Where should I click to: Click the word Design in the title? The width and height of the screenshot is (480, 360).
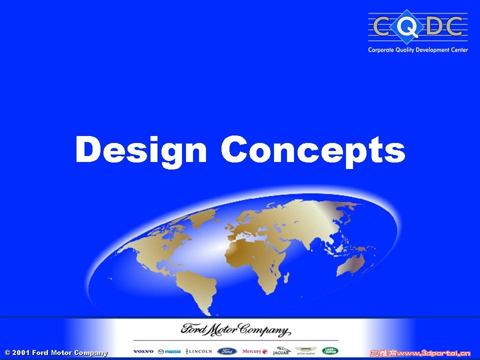tap(140, 149)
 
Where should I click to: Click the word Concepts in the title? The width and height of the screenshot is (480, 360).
tap(312, 149)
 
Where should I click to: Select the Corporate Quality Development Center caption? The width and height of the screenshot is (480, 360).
tap(418, 50)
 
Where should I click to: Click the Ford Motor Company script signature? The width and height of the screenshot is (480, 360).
tap(235, 330)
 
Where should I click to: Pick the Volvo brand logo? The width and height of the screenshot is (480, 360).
tap(143, 351)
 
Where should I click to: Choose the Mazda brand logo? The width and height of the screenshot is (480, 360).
tap(169, 351)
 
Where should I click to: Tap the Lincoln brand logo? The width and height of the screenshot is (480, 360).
tap(199, 351)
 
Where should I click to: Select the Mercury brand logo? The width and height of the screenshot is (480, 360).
tap(255, 351)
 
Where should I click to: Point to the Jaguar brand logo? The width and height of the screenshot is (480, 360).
tap(281, 351)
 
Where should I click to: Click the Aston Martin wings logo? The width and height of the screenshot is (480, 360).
tap(305, 351)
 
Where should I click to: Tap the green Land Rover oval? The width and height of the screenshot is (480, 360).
tap(330, 351)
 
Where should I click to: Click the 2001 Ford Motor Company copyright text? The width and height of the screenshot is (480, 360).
tap(56, 353)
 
